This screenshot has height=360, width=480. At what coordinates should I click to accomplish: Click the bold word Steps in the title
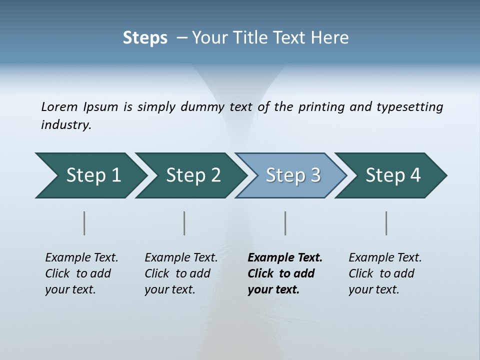145,38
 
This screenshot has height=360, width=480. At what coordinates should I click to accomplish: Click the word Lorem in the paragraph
59,107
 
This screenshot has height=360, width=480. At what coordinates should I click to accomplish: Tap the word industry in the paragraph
66,125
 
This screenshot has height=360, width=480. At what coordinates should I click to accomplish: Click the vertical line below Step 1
84,223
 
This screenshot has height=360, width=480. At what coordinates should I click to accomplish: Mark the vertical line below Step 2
184,223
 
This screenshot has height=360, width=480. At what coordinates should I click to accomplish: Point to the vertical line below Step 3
285,223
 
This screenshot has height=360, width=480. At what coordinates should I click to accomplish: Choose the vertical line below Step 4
386,223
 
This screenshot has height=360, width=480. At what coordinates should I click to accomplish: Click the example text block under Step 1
81,273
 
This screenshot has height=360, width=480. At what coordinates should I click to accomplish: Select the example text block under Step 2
181,273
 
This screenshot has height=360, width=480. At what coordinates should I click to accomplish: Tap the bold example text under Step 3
285,273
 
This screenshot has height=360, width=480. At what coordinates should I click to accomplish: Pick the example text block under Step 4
385,273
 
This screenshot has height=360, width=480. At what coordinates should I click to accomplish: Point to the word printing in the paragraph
321,107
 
